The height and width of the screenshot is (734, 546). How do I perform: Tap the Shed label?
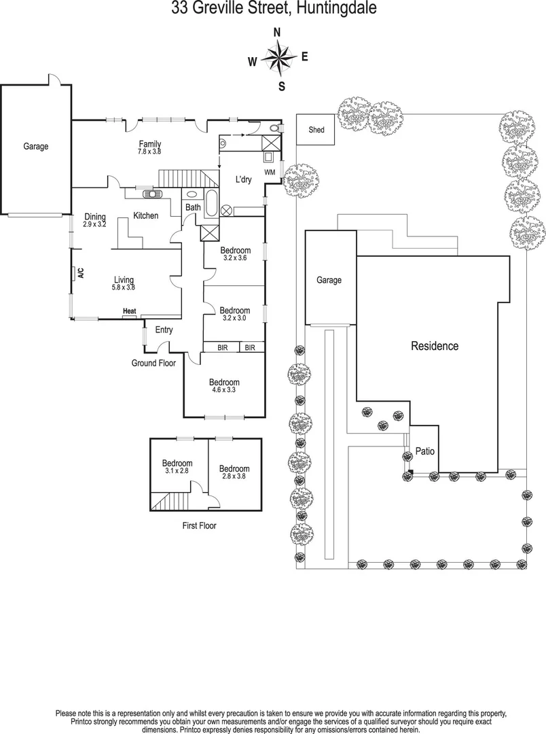click(316, 130)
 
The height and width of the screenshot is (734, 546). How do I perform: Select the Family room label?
click(150, 143)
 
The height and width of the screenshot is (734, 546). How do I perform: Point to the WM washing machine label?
click(270, 172)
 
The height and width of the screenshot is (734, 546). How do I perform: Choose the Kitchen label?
click(145, 216)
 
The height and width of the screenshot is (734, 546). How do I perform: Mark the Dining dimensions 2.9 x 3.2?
click(95, 224)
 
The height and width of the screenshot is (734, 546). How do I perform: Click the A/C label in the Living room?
click(79, 273)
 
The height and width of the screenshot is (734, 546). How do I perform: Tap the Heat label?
click(129, 312)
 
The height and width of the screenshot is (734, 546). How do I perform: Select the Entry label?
click(164, 330)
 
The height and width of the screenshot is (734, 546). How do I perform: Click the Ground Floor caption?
click(153, 364)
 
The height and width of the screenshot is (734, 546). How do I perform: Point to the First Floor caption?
click(199, 525)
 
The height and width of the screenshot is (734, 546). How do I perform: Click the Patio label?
click(425, 451)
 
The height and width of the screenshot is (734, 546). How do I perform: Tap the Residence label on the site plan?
click(435, 346)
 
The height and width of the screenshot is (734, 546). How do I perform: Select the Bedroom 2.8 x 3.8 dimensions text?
click(234, 476)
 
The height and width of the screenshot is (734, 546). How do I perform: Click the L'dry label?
click(244, 180)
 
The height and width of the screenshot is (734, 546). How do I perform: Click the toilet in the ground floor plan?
click(274, 127)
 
